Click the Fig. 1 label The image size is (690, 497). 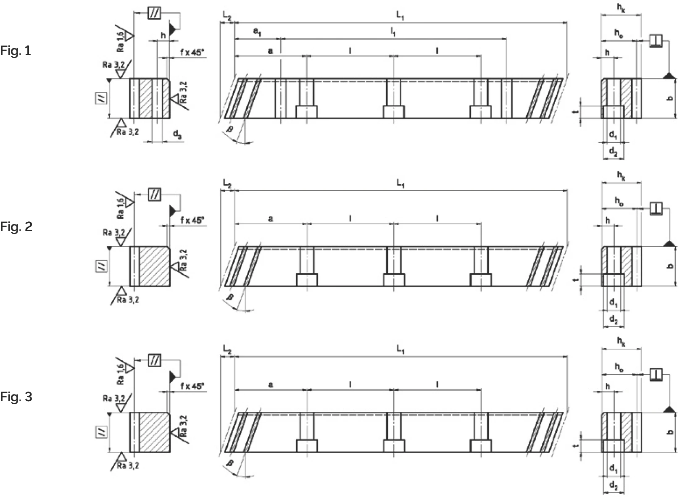pyautogui.click(x=16, y=51)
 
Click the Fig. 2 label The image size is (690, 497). pyautogui.click(x=16, y=227)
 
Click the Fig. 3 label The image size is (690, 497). pyautogui.click(x=16, y=397)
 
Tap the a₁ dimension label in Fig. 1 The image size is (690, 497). pyautogui.click(x=257, y=32)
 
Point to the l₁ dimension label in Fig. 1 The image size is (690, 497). pyautogui.click(x=393, y=32)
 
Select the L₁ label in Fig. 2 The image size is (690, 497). pyautogui.click(x=400, y=183)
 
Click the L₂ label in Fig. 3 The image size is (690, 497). pyautogui.click(x=227, y=350)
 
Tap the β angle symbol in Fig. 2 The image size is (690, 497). pyautogui.click(x=230, y=297)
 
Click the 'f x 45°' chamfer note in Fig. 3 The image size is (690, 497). pyautogui.click(x=192, y=386)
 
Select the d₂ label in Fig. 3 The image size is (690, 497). pyautogui.click(x=614, y=486)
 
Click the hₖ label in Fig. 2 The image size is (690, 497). pyautogui.click(x=621, y=176)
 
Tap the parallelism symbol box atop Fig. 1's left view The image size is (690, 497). pyautogui.click(x=154, y=13)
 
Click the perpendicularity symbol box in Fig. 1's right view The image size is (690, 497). pyautogui.click(x=656, y=40)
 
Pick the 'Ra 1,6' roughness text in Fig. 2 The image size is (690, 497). pyautogui.click(x=121, y=207)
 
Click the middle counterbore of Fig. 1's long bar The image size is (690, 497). pyautogui.click(x=394, y=112)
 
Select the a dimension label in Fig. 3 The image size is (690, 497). pyautogui.click(x=271, y=384)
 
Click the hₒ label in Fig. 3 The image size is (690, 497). pyautogui.click(x=619, y=367)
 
